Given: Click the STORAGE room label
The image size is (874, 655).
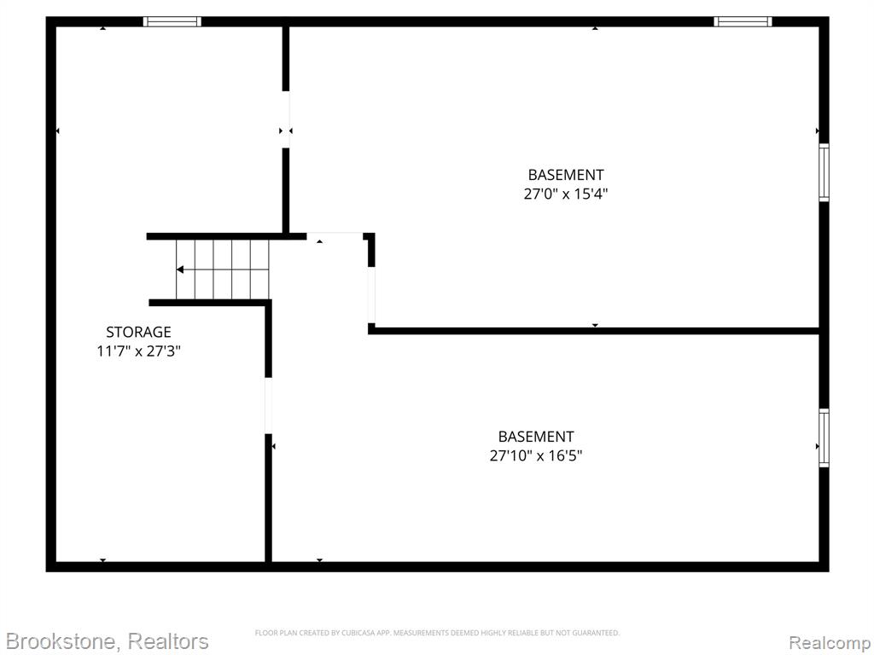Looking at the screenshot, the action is (x=138, y=332).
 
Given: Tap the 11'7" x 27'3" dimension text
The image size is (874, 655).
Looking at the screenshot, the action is (x=139, y=351).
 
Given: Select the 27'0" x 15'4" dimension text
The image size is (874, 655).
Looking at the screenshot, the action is (x=565, y=194).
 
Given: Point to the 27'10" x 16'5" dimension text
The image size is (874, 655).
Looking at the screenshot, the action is (x=536, y=456).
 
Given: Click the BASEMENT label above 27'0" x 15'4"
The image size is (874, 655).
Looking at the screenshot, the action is (x=565, y=175).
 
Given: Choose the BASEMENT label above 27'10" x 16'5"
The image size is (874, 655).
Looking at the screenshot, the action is (x=536, y=437).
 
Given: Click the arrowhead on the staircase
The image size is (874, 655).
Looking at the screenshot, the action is (x=180, y=270).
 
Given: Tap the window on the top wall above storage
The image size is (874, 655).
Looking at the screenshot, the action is (x=172, y=21).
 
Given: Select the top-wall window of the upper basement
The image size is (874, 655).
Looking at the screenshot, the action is (x=743, y=21).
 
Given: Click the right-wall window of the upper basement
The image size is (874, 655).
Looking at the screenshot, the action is (x=824, y=172).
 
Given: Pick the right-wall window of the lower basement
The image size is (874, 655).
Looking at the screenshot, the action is (x=824, y=438).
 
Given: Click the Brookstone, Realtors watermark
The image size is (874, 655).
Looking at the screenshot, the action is (x=107, y=641).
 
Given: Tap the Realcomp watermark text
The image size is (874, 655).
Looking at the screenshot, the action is (x=830, y=643).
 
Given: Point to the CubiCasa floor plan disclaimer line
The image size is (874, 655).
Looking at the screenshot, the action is (x=437, y=633).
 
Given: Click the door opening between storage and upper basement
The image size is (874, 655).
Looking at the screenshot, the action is (x=285, y=119).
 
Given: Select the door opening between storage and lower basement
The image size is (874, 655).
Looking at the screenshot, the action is (x=268, y=405).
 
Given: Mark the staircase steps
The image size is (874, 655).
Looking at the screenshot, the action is (x=223, y=270).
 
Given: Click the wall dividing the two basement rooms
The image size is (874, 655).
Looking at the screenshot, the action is (x=594, y=331).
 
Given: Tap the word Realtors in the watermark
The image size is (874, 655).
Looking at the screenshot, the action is (x=168, y=641).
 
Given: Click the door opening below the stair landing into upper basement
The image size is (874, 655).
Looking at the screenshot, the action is (x=371, y=294).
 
